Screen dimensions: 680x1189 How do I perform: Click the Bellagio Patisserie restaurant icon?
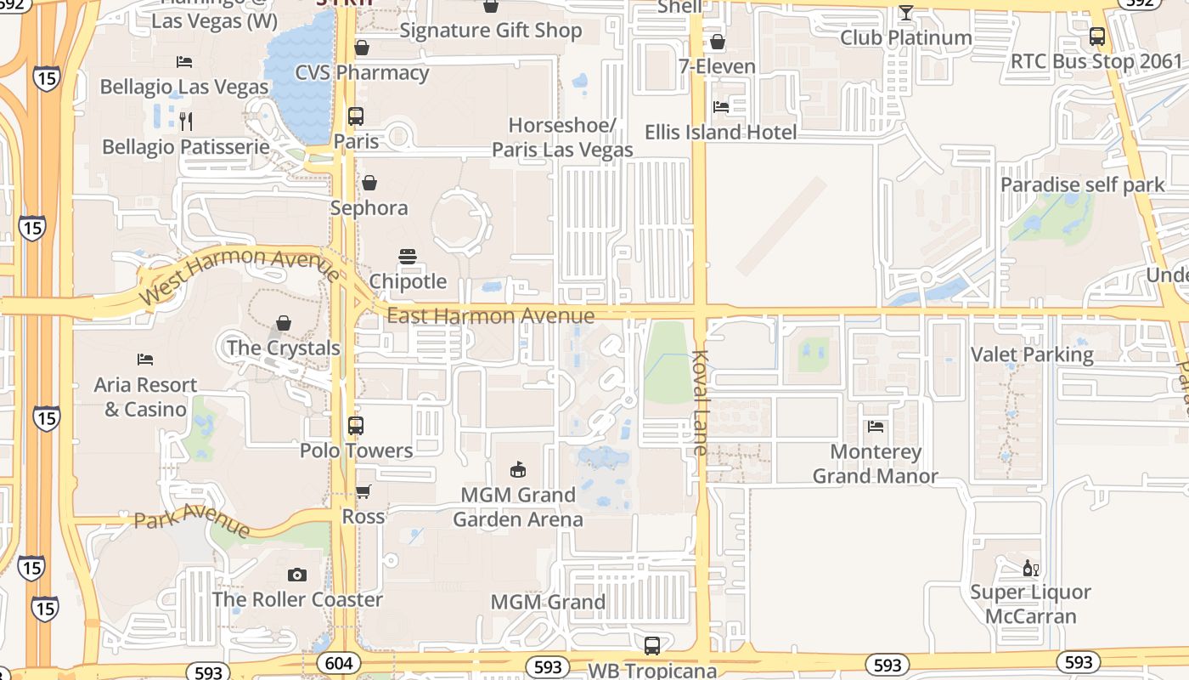186,121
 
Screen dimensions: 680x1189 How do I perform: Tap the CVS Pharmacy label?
362,73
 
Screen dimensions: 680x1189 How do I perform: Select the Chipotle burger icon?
408,257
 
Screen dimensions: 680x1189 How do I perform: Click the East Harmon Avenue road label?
490,316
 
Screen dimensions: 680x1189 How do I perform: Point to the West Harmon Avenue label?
240,274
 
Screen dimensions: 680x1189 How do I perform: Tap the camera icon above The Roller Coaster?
296,575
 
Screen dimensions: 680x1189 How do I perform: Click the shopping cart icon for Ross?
363,491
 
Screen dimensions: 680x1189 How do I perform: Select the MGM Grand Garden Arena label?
518,507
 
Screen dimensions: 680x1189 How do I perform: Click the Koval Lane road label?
700,402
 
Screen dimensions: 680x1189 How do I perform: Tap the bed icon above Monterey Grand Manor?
876,427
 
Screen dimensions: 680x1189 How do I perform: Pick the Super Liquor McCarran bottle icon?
1030,569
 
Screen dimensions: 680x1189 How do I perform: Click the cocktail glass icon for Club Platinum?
906,13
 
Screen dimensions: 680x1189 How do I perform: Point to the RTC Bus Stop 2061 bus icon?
1097,37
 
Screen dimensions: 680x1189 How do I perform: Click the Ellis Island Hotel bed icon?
720,107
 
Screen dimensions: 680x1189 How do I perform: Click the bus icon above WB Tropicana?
651,645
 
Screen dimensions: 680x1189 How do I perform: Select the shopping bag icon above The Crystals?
284,324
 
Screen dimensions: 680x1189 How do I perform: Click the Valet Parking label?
1032,354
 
